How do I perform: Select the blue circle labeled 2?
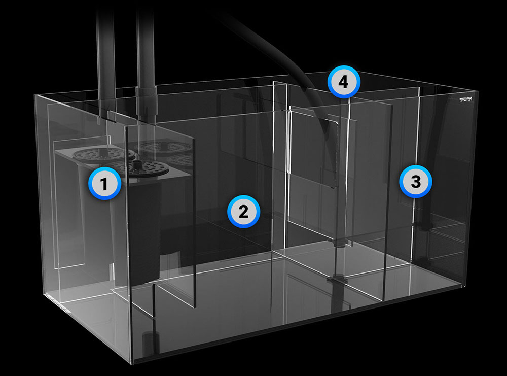(243, 211)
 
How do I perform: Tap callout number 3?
(415, 182)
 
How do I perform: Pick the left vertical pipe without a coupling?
(106, 56)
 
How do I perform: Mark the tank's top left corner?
(34, 95)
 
